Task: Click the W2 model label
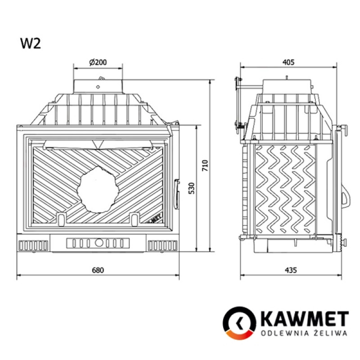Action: tap(30, 43)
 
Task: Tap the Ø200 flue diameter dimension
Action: tap(98, 63)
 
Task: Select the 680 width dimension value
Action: tap(98, 270)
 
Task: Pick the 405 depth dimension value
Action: tap(288, 63)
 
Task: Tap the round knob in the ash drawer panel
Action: tap(98, 243)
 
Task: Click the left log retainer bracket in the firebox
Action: tap(61, 218)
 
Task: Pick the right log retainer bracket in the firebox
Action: tap(134, 218)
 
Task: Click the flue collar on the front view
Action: tap(98, 86)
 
